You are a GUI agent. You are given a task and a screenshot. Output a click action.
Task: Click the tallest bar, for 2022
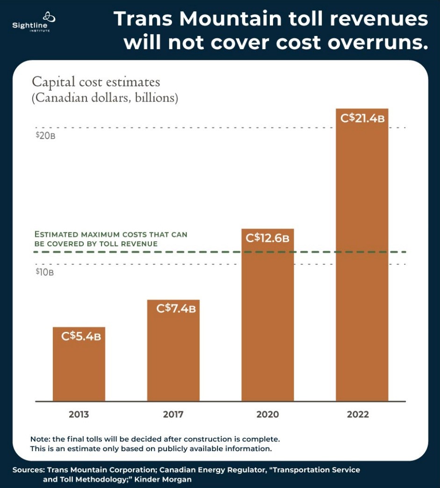(x=362, y=262)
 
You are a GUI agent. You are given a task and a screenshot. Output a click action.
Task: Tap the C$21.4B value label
(x=362, y=118)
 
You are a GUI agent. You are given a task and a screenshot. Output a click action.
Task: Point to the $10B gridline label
(x=44, y=272)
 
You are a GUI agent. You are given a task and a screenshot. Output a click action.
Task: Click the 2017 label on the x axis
(x=173, y=414)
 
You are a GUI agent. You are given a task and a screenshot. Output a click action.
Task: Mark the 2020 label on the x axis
(x=267, y=414)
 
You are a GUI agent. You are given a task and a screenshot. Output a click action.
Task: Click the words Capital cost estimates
(x=96, y=82)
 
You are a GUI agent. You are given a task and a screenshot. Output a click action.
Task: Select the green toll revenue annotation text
(x=111, y=239)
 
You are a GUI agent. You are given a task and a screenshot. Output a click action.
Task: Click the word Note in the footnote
(x=41, y=439)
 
